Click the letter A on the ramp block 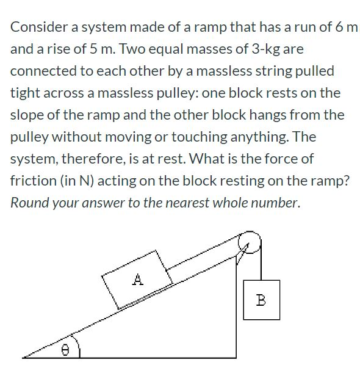coord(138,280)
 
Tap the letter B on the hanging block coord(261,300)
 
